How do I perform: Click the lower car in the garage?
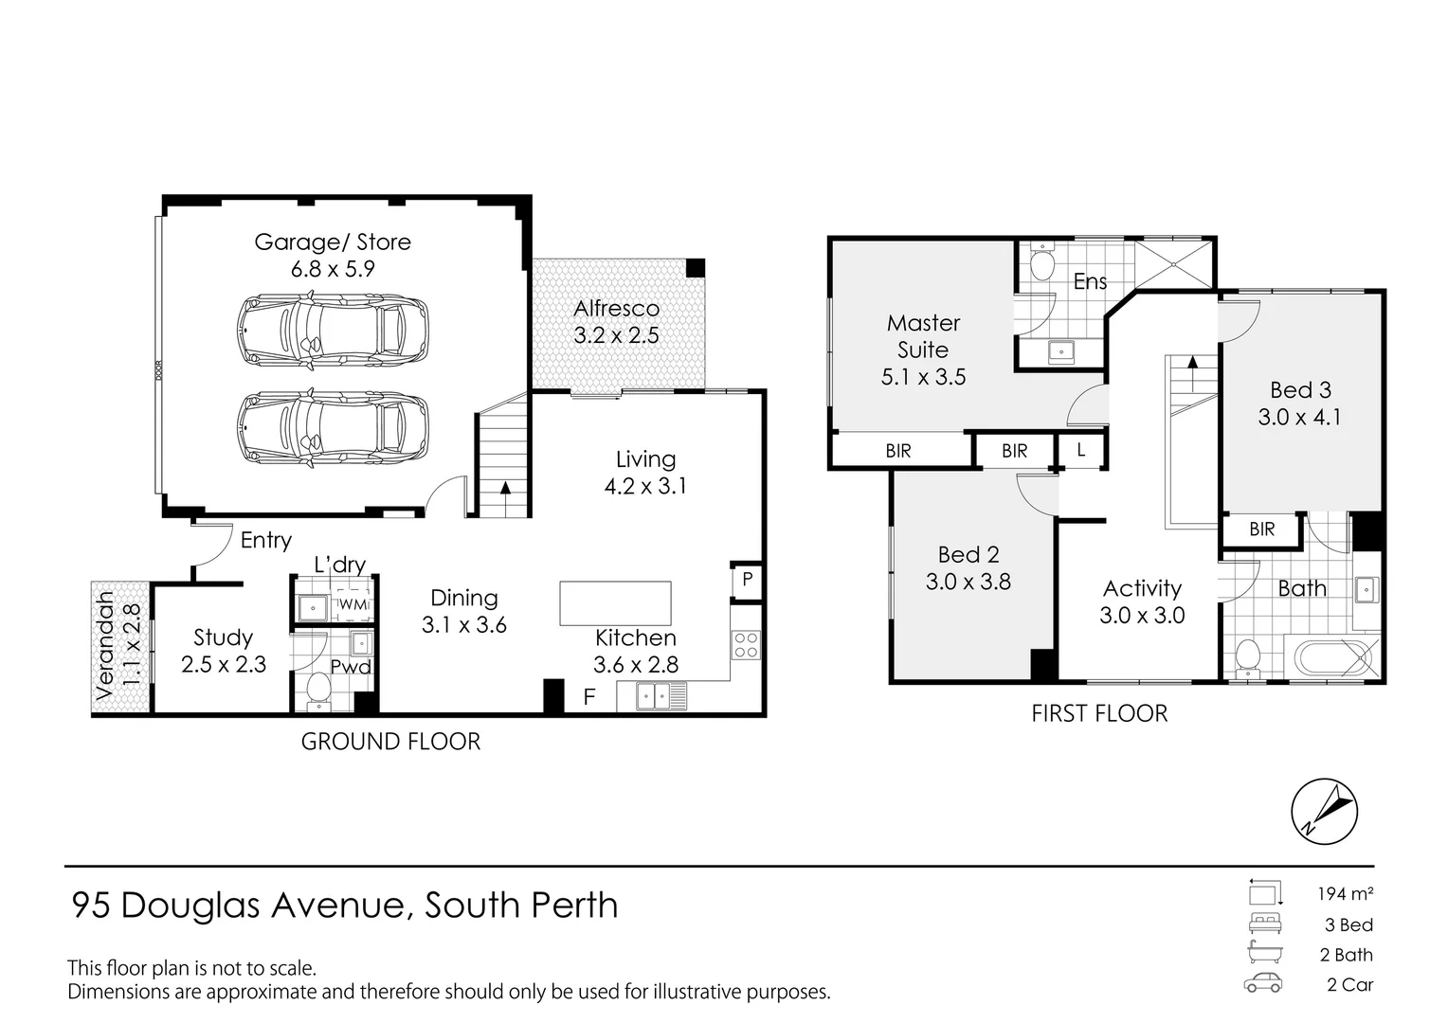pos(332,429)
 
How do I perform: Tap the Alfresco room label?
pos(616,309)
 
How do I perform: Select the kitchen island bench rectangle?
pos(615,603)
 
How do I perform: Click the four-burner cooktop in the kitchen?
pos(746,645)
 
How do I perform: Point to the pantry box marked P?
pos(747,580)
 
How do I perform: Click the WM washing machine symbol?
pos(353,603)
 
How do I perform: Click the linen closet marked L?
pos(1081,451)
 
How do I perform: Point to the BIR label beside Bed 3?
pos(1261,529)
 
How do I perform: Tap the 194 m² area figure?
pos(1345,893)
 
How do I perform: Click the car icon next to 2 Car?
pos(1263,983)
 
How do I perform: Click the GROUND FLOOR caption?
pos(390,742)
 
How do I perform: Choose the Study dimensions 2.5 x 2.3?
pos(224,665)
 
